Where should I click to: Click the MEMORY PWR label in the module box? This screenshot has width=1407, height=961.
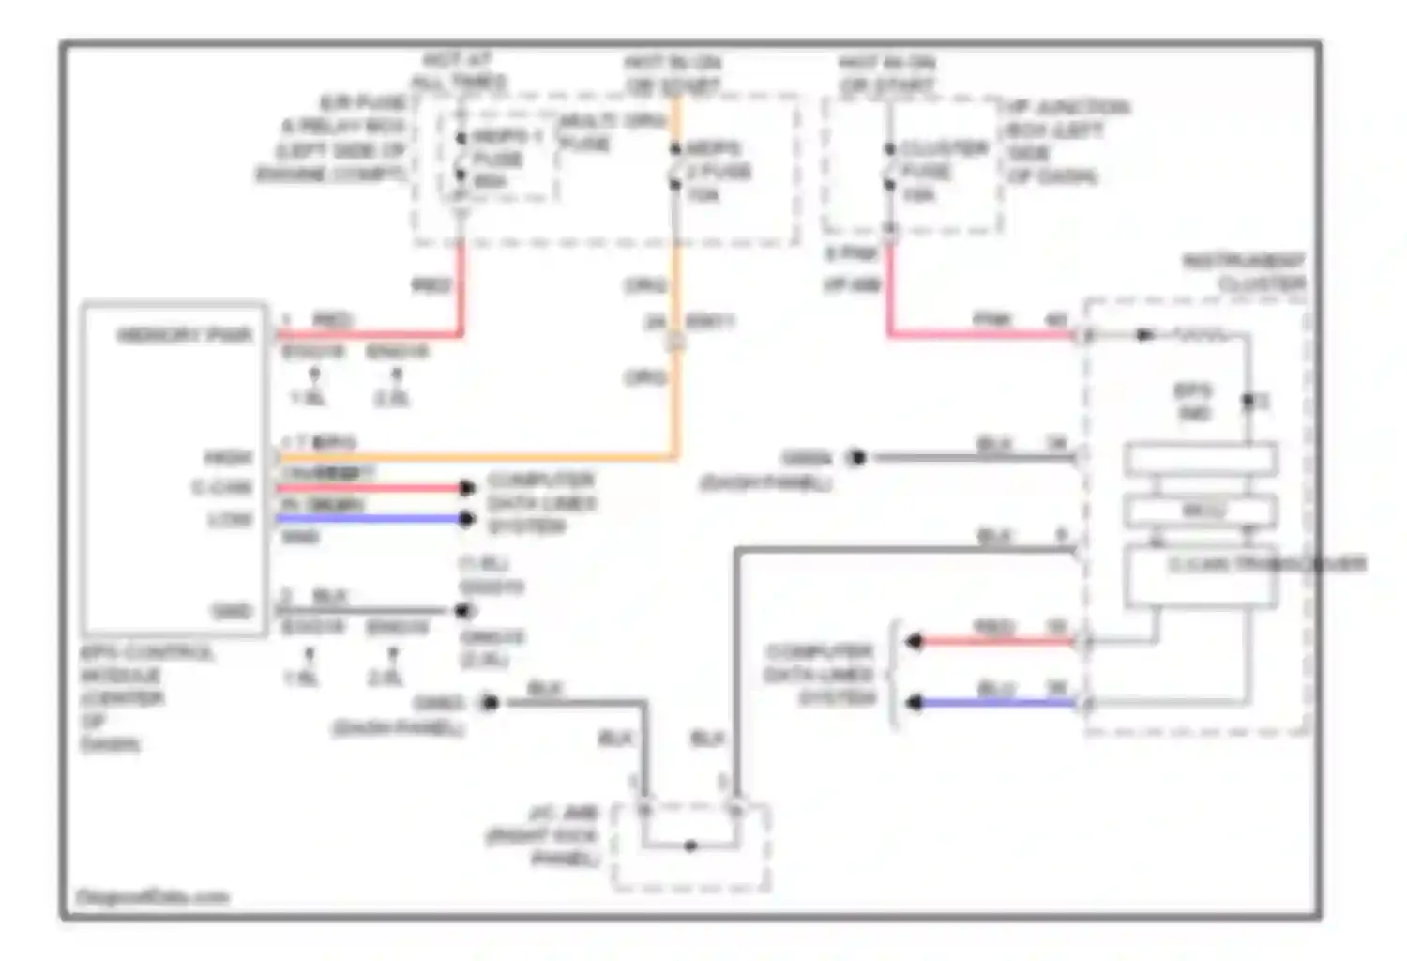184,335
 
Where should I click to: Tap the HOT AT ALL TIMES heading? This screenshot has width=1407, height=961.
458,71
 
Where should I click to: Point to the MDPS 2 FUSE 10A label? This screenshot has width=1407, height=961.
719,171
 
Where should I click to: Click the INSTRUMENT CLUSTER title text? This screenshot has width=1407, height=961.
1243,271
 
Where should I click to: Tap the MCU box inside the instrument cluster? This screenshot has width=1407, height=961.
1201,511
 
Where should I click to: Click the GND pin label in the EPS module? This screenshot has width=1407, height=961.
231,611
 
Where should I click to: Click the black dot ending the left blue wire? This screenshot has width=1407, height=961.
466,519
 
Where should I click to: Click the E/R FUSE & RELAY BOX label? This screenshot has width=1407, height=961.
333,139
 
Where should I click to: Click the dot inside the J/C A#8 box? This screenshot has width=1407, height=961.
690,847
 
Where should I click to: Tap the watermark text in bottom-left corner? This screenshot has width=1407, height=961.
151,897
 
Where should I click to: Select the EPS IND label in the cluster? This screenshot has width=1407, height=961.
1193,401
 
